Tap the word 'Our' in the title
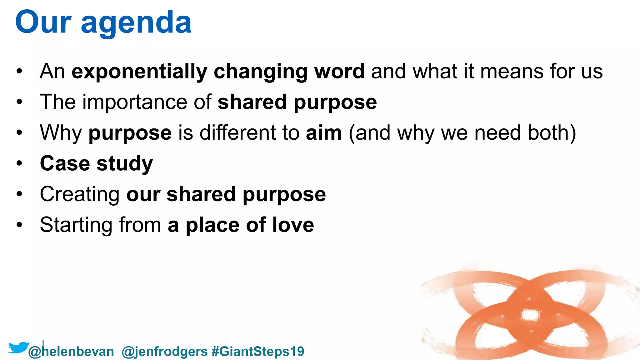[x=43, y=22]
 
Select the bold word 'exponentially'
[x=139, y=72]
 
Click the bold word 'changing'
[x=261, y=72]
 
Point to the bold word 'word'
[x=339, y=72]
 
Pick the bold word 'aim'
[x=324, y=133]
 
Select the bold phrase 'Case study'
[x=96, y=163]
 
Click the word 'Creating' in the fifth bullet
[x=80, y=194]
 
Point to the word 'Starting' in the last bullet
[x=76, y=225]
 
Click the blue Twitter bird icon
[x=18, y=347]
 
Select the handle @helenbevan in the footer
[x=71, y=352]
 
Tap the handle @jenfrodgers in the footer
[x=165, y=352]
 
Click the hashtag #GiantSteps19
[x=258, y=352]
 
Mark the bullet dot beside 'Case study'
[x=20, y=163]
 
